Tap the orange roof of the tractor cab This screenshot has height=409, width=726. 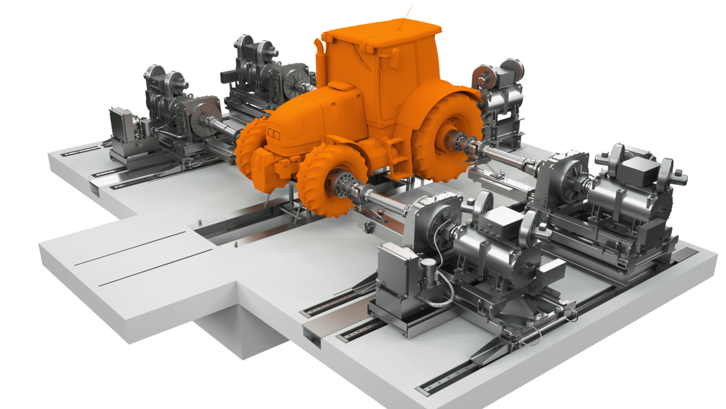coord(382,32)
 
